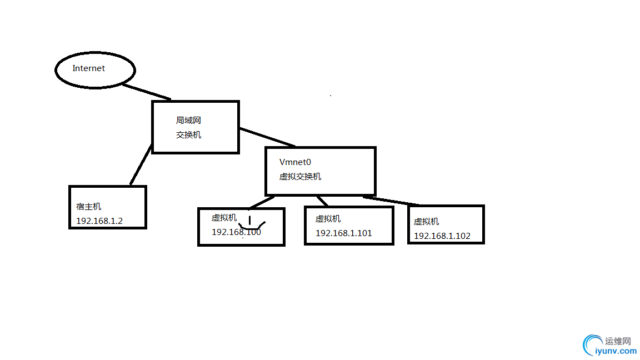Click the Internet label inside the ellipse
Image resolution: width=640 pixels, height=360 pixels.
89,68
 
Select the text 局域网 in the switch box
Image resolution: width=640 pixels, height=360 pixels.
188,121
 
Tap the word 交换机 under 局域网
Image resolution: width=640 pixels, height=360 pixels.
188,134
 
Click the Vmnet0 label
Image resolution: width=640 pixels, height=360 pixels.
295,162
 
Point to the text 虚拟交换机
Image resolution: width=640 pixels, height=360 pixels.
300,177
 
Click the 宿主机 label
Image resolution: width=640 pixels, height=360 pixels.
89,207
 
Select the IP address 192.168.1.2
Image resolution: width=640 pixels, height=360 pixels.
99,221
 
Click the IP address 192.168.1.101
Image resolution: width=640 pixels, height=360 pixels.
343,233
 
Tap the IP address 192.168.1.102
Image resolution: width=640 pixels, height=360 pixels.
442,236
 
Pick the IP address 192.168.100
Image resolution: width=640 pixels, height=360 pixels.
236,232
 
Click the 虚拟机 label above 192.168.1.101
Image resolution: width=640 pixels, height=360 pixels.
328,219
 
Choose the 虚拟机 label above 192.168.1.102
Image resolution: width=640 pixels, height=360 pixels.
426,221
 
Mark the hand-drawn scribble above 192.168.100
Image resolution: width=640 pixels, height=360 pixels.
252,223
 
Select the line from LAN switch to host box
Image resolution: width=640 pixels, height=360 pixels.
141,165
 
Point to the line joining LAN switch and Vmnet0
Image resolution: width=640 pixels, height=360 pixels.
267,137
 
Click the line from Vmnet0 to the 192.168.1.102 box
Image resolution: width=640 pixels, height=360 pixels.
392,201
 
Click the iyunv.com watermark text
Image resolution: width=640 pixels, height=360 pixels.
616,351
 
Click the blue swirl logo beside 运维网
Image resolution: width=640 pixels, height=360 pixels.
591,344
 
